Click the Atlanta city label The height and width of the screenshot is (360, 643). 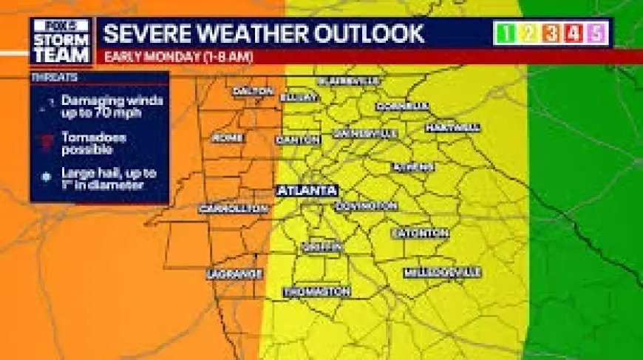click(307, 190)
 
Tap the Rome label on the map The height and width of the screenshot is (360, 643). click(227, 138)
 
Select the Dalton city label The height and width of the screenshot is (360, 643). click(254, 92)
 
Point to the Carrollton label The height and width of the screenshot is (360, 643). click(233, 209)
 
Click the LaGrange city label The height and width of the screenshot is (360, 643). click(234, 274)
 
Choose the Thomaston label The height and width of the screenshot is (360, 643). click(317, 292)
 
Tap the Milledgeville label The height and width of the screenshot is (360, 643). click(442, 273)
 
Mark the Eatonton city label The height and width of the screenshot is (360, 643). click(420, 233)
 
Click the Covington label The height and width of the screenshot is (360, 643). click(366, 206)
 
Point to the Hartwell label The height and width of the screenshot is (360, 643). click(452, 128)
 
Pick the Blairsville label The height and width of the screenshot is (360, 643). click(348, 81)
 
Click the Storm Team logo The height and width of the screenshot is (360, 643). click(61, 41)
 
